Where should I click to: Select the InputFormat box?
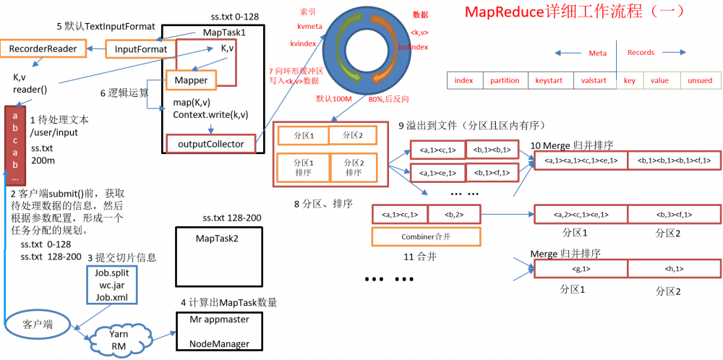(141, 49)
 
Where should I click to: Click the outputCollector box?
(211, 144)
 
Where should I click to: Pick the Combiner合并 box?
(426, 236)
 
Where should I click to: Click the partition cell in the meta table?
(505, 80)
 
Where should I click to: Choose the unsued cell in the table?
(699, 80)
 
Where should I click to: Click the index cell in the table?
(464, 80)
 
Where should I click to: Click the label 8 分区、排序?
(323, 204)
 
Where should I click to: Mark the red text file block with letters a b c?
(15, 145)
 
